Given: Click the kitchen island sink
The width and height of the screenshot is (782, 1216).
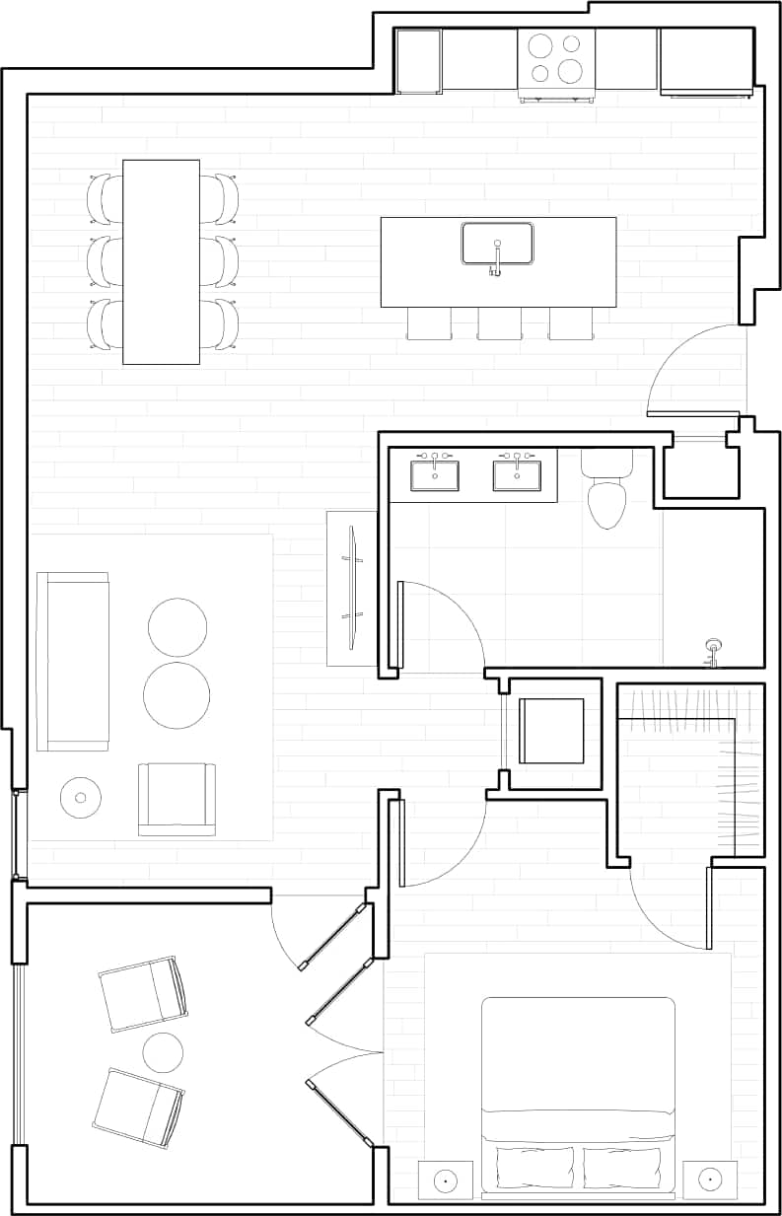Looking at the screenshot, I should (497, 243).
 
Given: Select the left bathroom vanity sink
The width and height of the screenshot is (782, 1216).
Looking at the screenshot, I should (434, 473).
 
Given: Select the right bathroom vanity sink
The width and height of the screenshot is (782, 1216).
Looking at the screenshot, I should (517, 473).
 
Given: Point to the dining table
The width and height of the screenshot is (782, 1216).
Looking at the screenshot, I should (161, 261).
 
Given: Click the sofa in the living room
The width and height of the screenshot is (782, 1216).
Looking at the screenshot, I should (72, 661).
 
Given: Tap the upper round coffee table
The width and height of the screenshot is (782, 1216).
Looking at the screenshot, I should (178, 627).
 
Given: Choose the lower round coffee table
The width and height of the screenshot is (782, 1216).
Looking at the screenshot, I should (177, 694).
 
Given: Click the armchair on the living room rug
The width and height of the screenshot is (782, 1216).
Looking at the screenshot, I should (177, 799).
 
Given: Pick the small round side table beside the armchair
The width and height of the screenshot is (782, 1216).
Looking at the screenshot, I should (80, 797).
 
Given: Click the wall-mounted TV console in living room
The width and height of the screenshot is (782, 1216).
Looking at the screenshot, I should (351, 588).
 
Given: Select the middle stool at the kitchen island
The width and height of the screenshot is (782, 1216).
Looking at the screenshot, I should (498, 323).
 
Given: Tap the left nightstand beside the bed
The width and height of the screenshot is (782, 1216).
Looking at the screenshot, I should (445, 1180).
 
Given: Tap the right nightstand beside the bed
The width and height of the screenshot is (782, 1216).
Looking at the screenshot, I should (710, 1180).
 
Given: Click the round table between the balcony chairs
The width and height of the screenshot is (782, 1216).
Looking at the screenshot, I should (163, 1052).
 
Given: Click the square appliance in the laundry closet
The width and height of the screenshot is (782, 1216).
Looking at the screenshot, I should (551, 731).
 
